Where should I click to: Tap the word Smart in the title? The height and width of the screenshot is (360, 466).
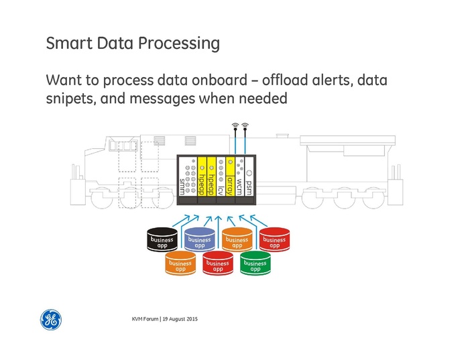point(66,44)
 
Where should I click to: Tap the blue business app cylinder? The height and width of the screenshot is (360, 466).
point(199,239)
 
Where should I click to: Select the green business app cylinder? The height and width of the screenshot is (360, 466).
point(255,264)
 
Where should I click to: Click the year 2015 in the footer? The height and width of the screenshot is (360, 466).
point(190,317)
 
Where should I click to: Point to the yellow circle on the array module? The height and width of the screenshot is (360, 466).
point(230,162)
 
